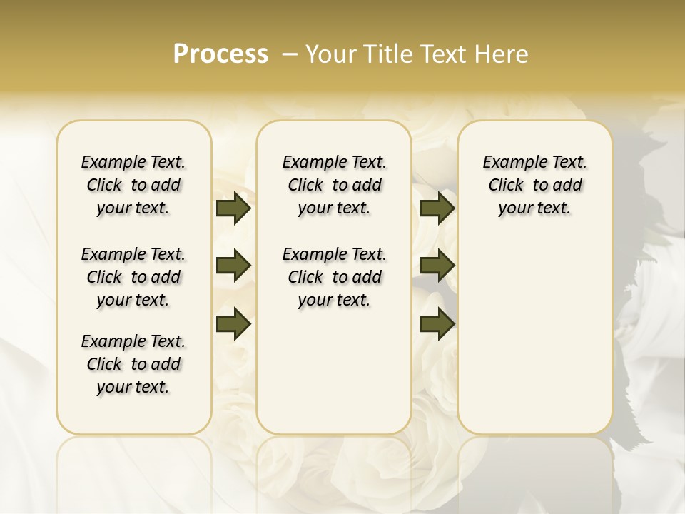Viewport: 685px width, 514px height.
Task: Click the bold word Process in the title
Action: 220,54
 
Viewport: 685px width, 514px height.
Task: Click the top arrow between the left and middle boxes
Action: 233,208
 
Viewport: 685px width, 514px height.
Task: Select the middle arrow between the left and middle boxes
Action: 233,266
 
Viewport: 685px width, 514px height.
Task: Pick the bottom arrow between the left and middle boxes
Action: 233,324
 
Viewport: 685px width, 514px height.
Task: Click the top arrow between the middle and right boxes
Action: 437,208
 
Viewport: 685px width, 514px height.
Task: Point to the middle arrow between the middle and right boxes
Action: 437,266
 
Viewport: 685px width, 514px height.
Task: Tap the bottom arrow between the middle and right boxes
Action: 437,324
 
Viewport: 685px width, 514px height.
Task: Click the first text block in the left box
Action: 133,185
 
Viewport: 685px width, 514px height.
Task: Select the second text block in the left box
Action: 133,277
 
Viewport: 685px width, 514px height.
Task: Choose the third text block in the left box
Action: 133,364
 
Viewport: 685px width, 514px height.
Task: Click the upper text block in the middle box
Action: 334,185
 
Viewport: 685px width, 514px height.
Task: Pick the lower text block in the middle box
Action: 334,277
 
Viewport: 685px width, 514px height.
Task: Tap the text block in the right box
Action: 534,185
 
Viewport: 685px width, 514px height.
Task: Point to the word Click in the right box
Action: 506,186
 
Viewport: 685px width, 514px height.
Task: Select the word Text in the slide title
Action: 441,54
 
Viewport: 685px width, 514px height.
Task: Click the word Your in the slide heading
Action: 328,54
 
